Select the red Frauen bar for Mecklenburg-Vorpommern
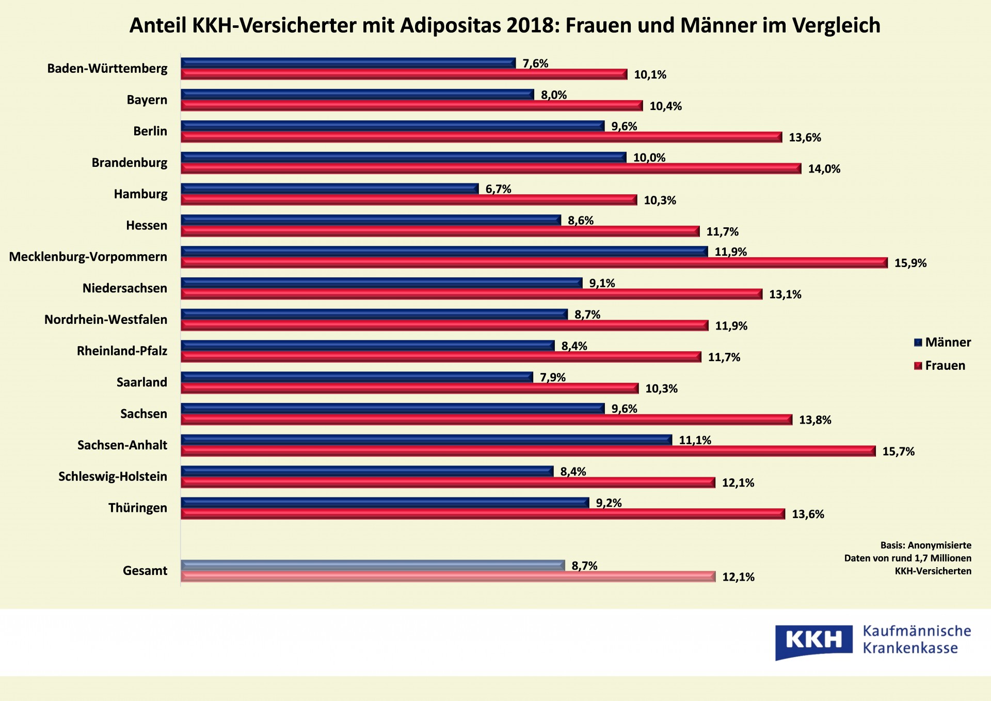pos(534,263)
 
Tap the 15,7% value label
pos(898,451)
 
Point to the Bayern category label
pos(147,100)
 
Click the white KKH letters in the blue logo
pos(813,640)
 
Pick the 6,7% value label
pos(498,189)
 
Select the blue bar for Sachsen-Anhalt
pos(426,440)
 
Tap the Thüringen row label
pos(138,508)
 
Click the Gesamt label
pos(145,571)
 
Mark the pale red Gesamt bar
pos(447,577)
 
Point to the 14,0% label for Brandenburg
pos(824,169)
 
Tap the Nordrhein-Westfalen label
pos(106,319)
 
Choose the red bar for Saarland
pos(409,388)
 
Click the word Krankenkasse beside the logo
pos(910,648)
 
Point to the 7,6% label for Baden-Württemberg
pos(535,64)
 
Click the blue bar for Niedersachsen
pos(381,283)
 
